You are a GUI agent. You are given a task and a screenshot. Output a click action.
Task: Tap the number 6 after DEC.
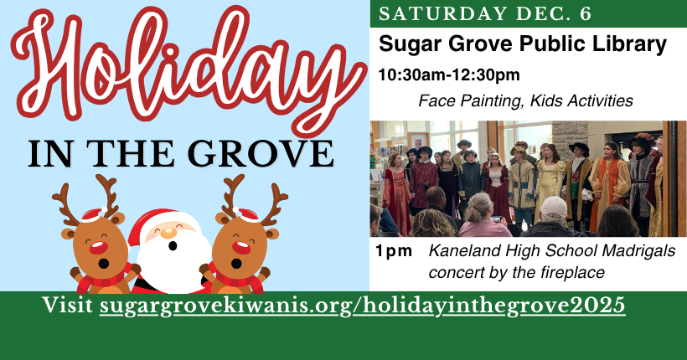[x=586, y=13]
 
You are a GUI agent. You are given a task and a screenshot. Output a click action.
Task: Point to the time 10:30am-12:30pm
[x=449, y=75]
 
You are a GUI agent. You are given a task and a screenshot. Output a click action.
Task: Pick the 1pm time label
[x=394, y=251]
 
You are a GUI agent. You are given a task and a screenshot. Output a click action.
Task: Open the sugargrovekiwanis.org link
[x=362, y=305]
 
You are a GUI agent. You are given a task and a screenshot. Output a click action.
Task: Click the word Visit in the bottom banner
[x=68, y=305]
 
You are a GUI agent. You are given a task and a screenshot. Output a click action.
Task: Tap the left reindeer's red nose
[x=99, y=248]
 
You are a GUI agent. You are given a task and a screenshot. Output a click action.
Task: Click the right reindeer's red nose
[x=240, y=248]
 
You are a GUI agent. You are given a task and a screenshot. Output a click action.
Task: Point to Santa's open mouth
[x=173, y=246]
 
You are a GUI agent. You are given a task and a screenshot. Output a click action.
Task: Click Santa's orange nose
[x=168, y=233]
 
